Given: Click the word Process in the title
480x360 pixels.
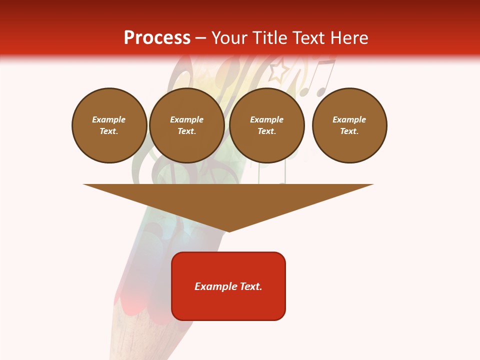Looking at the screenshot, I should click(x=157, y=38).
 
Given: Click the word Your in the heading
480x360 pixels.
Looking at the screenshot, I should click(x=229, y=38).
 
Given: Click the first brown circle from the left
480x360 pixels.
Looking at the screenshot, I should click(x=109, y=125).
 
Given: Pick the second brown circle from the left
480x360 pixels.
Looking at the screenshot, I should click(x=187, y=125).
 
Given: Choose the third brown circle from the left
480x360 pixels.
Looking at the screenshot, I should click(x=266, y=125).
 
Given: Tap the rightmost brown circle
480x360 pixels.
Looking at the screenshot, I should click(x=349, y=125).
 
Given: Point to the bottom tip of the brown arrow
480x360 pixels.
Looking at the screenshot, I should click(x=228, y=231).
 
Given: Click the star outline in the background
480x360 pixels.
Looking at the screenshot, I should click(x=278, y=71).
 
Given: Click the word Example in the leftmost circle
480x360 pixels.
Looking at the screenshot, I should click(x=109, y=119).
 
